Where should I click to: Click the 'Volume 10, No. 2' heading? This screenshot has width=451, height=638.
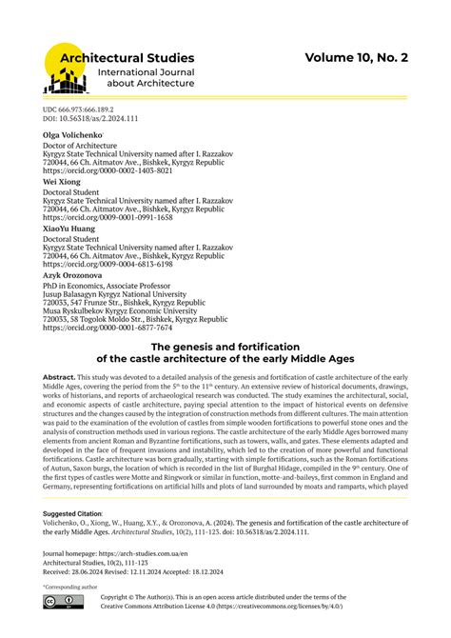pos(356,58)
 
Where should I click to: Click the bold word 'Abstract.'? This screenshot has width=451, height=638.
pos(59,378)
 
